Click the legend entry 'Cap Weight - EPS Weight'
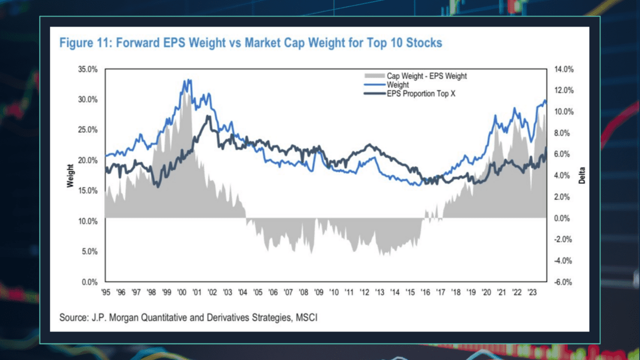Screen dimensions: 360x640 click(426, 76)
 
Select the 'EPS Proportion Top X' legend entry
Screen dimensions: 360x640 click(421, 93)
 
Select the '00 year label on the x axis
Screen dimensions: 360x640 click(182, 292)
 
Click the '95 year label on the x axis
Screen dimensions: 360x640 click(105, 292)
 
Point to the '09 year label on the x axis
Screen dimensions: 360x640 click(319, 292)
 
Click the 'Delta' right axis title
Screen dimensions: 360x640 click(582, 175)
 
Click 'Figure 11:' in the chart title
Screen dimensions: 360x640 click(85, 43)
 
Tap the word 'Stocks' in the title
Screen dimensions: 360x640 click(424, 43)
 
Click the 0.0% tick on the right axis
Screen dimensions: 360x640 click(561, 218)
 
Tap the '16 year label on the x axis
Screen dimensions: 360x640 click(426, 292)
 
